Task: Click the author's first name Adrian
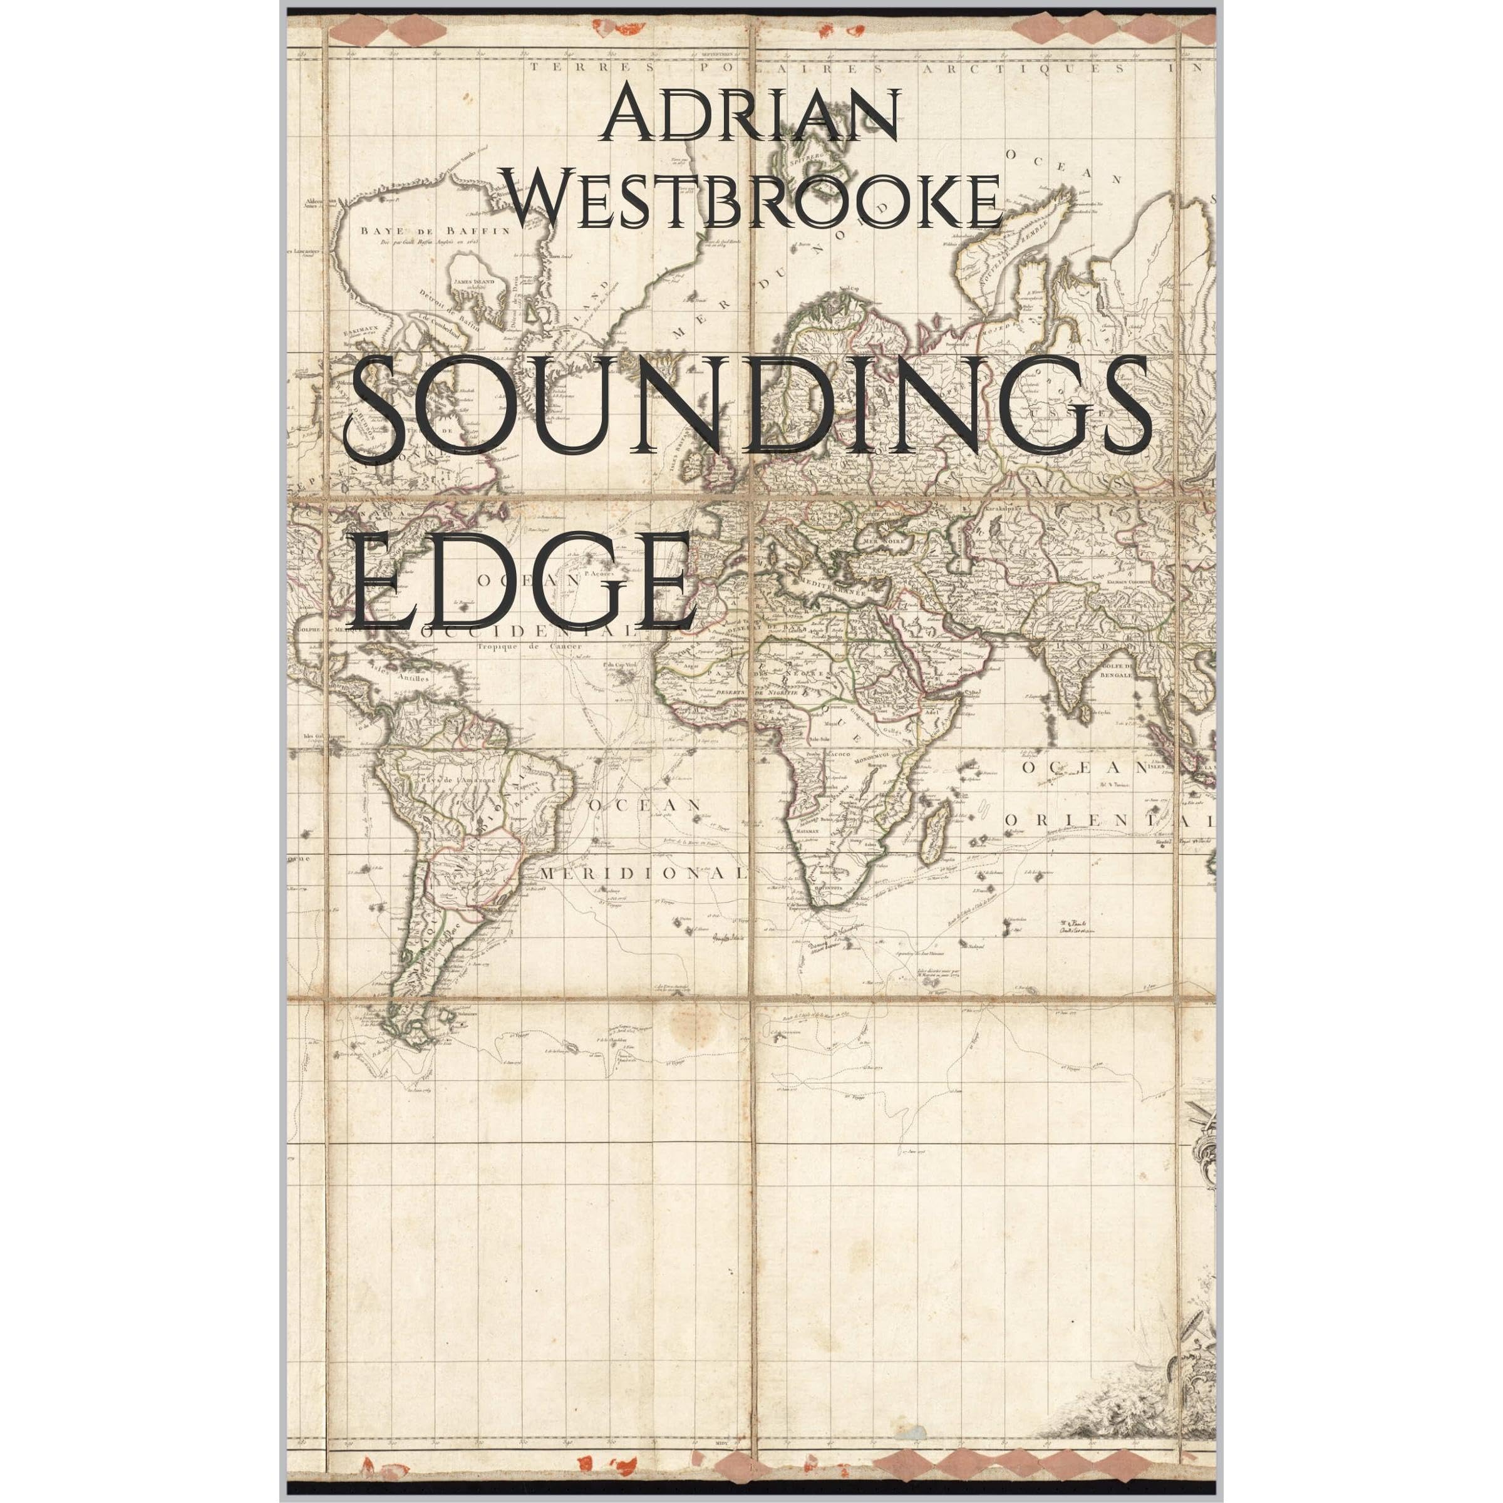pyautogui.click(x=751, y=116)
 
